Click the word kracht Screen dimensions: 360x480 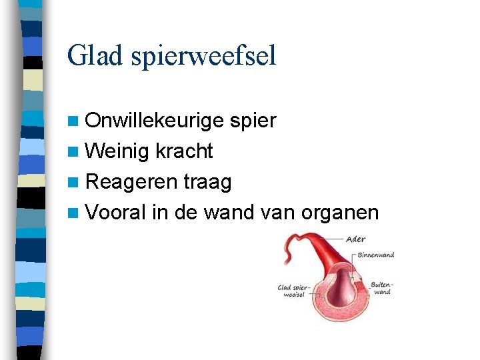(184, 151)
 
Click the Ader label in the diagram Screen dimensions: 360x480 (355, 239)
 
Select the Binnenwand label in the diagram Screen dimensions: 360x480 (376, 255)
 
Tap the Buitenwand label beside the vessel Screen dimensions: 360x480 (382, 288)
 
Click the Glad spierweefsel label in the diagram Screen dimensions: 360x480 (293, 291)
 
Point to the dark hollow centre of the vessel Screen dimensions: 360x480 (343, 280)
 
